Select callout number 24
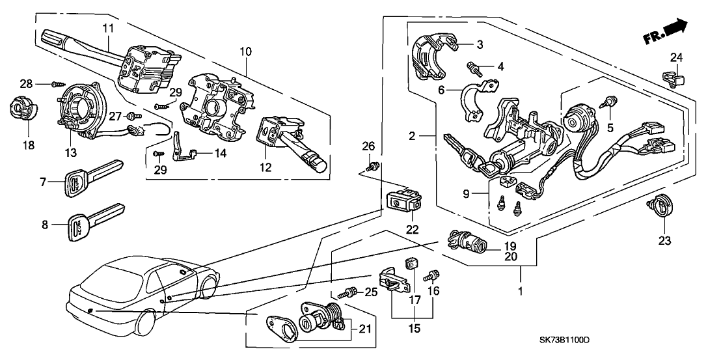[x=677, y=57]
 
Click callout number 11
[x=107, y=28]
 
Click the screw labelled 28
[x=57, y=84]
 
